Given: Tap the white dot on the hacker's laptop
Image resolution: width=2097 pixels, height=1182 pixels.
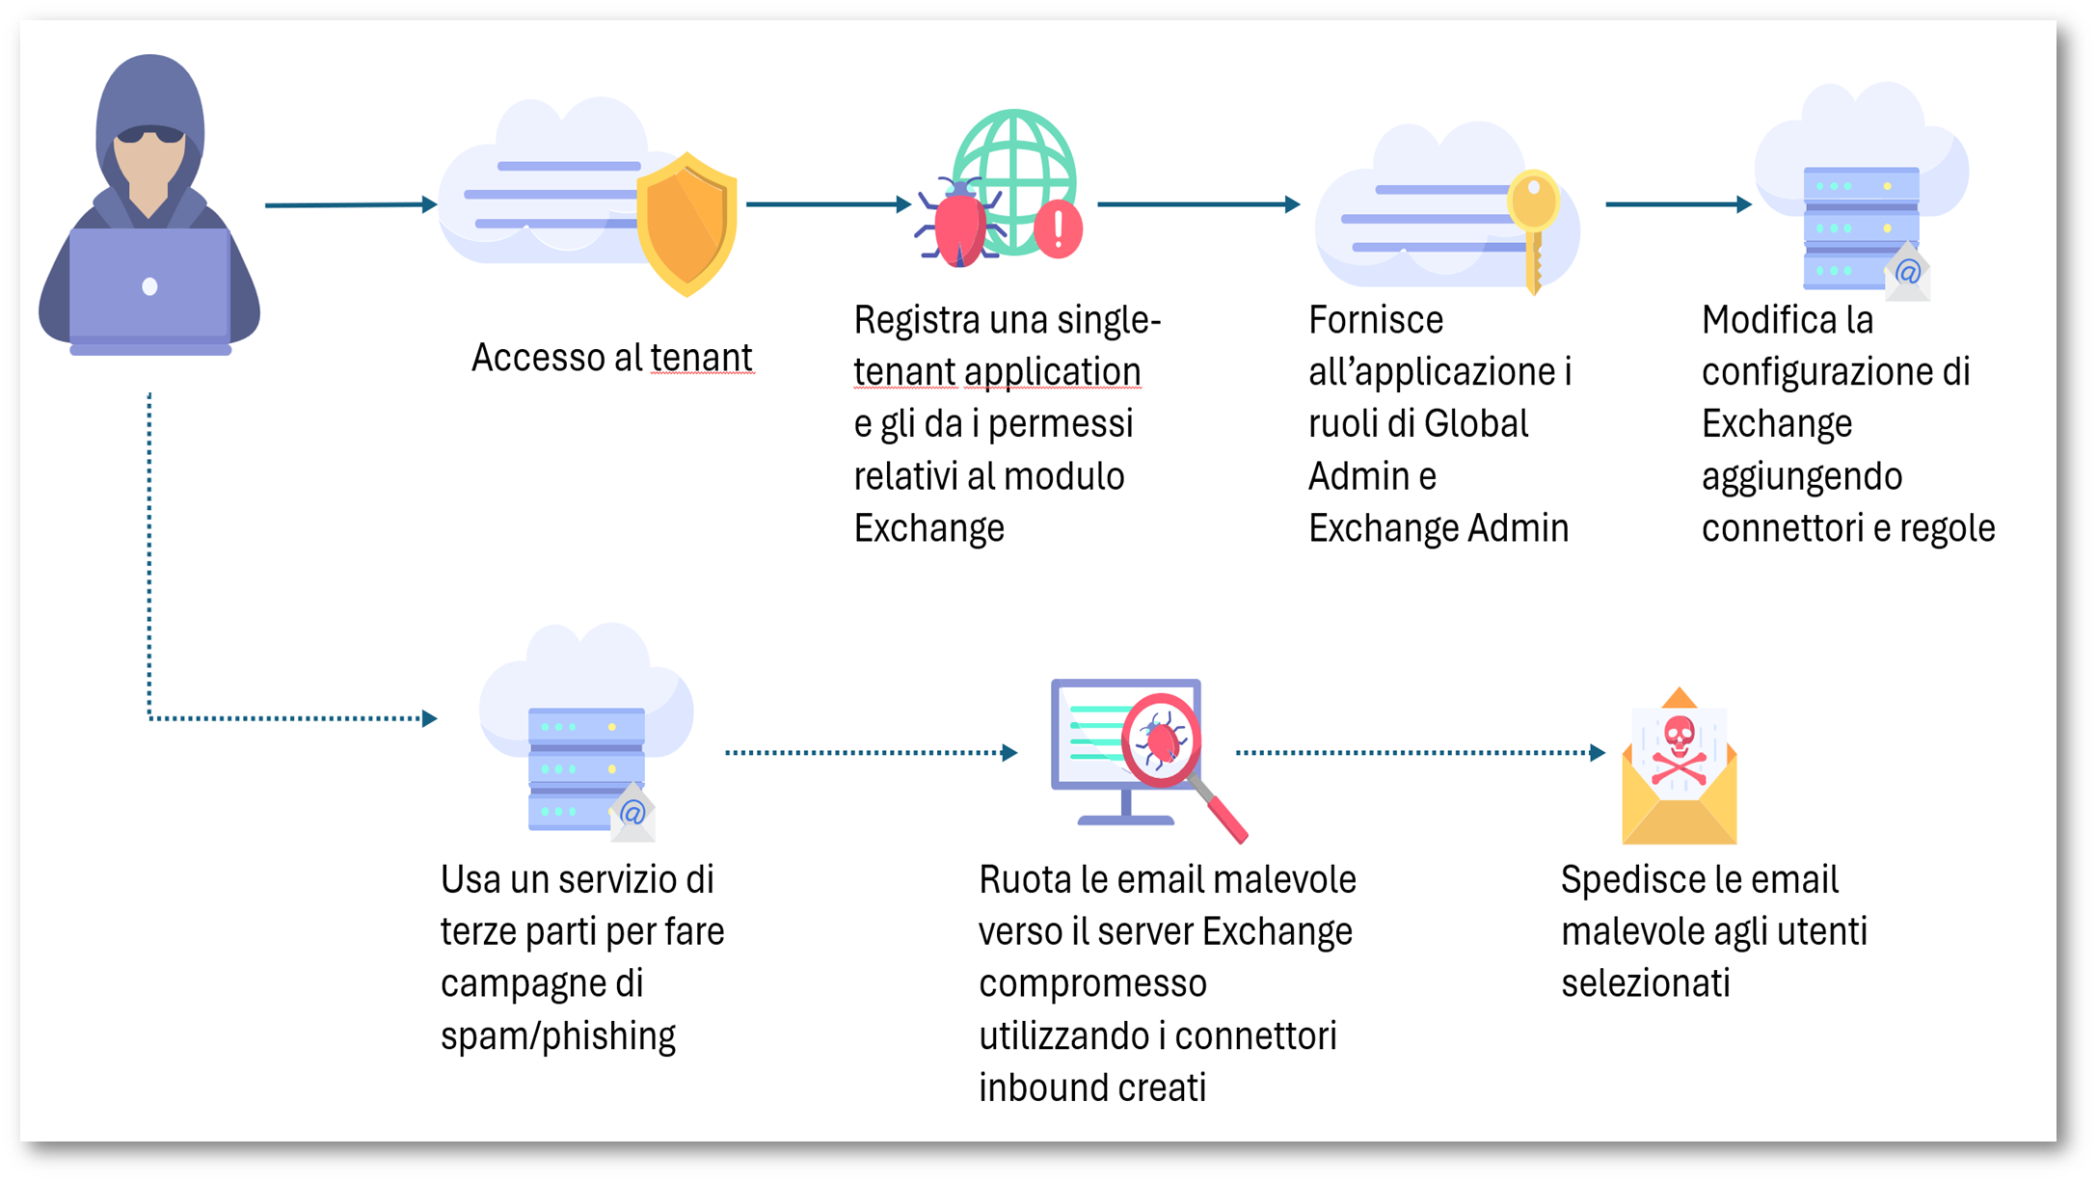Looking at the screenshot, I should coord(149,286).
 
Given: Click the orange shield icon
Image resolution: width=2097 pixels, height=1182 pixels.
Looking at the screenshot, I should coord(687,224).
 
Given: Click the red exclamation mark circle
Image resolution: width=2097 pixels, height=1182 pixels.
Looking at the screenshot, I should coord(1058,230).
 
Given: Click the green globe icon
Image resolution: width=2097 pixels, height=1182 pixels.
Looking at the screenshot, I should coord(1014,164).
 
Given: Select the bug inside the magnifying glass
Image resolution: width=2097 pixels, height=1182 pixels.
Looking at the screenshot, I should coord(1161,740).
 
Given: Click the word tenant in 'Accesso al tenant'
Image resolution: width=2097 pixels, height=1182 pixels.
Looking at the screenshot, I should coord(701,358).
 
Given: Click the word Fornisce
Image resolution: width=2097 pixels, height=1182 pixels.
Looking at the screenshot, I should coord(1375,320).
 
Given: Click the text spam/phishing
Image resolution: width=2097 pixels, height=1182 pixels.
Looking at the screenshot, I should coord(557,1035).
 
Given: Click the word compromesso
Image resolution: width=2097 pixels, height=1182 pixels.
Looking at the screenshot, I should coord(1092,983).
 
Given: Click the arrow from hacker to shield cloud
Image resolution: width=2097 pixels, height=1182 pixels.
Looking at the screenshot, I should coord(351,204).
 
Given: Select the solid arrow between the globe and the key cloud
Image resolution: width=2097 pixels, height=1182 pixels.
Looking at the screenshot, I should coord(1198,204).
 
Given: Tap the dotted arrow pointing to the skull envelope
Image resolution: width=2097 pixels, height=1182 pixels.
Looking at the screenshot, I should coord(1420,752).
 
